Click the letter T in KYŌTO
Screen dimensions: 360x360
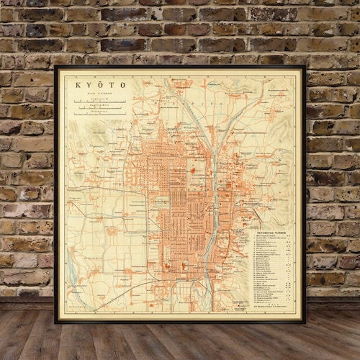(x=111, y=84)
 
